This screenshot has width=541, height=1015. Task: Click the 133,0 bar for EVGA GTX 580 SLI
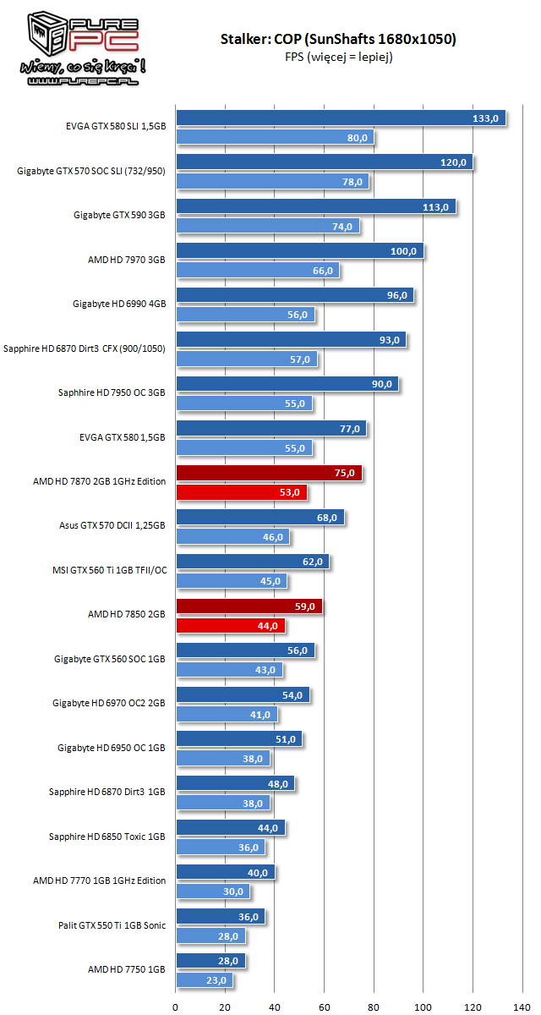(340, 118)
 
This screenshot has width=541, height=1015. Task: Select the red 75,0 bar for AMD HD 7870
(268, 473)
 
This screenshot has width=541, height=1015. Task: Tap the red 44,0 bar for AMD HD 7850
(230, 625)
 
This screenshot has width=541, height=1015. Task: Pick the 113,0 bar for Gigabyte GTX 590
(315, 206)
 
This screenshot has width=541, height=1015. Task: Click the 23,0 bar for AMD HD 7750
(204, 980)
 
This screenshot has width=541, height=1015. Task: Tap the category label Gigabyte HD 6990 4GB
(118, 304)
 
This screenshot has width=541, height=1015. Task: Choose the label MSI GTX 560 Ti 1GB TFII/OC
(108, 570)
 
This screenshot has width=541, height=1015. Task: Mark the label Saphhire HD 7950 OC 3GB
(112, 392)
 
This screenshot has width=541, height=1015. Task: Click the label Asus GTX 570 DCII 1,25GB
(111, 525)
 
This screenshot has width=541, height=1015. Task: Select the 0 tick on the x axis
(175, 1007)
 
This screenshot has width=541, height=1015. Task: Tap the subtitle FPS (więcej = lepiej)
(338, 57)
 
